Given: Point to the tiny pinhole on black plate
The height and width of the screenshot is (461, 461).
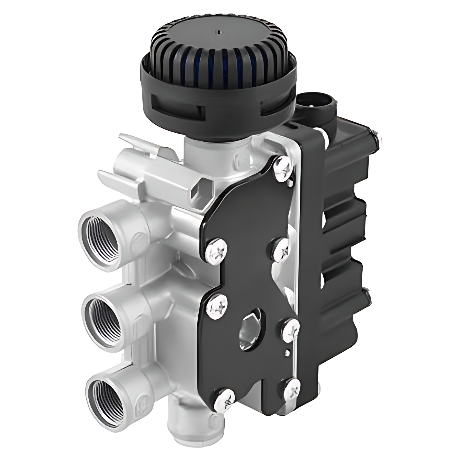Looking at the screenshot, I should click(287, 350).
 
